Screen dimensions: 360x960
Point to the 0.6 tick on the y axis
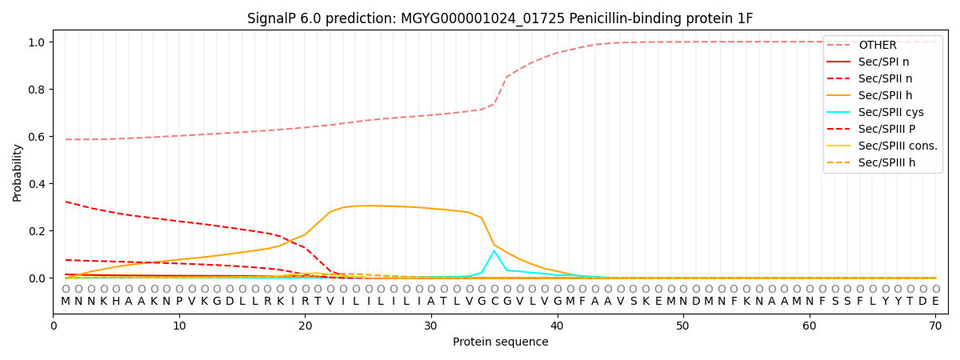[x=38, y=137]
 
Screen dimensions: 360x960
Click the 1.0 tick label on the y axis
[x=38, y=42]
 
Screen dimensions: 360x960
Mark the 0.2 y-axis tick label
[x=38, y=231]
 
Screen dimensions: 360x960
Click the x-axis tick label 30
[x=430, y=326]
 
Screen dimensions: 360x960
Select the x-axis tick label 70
[x=935, y=326]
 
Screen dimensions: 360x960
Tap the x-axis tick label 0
[x=54, y=326]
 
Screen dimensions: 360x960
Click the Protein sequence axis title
[x=500, y=342]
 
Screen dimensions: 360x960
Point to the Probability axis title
[x=18, y=172]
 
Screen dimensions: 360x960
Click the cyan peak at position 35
[x=494, y=251]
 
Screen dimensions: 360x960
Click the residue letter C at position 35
[x=494, y=302]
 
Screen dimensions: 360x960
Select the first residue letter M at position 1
[x=66, y=302]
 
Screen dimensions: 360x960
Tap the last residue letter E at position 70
[x=935, y=302]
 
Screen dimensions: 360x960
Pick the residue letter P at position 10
[x=179, y=302]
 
